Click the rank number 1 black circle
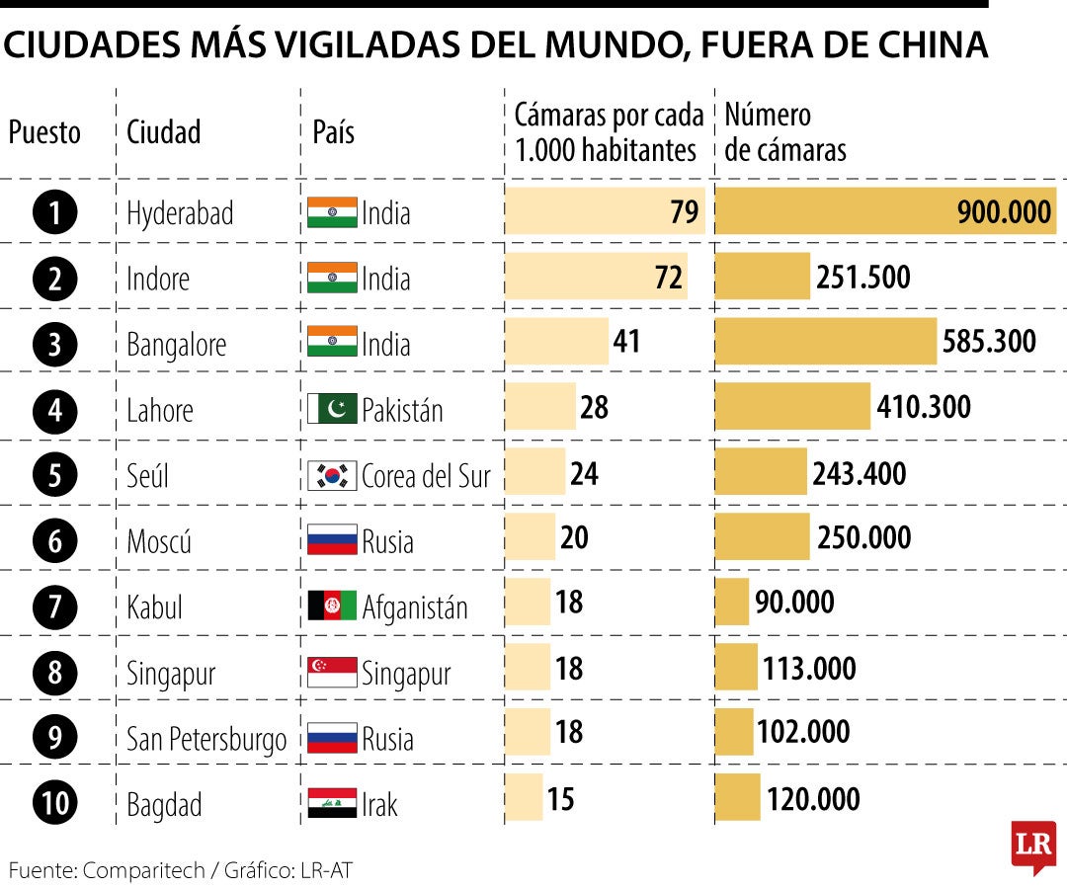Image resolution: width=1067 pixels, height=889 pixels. pyautogui.click(x=54, y=212)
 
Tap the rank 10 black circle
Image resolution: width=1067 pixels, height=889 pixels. pyautogui.click(x=54, y=803)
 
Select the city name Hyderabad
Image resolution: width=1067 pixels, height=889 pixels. pyautogui.click(x=180, y=214)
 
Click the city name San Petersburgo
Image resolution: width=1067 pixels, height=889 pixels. pyautogui.click(x=206, y=739)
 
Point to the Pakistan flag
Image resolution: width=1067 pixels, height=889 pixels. pyautogui.click(x=332, y=409)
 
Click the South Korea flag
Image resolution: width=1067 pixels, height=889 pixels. pyautogui.click(x=332, y=475)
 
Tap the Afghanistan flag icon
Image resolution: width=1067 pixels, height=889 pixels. pyautogui.click(x=332, y=606)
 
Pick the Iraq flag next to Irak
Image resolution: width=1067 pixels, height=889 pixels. pyautogui.click(x=332, y=803)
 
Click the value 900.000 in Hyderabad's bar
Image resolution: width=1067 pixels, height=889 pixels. pyautogui.click(x=1004, y=212)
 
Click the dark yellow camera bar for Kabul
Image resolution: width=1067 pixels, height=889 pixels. pyautogui.click(x=731, y=602)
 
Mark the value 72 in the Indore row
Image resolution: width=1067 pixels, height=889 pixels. pyautogui.click(x=669, y=278)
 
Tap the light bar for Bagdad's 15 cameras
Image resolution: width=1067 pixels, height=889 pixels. pyautogui.click(x=524, y=797)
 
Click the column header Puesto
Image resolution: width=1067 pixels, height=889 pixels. pyautogui.click(x=44, y=132)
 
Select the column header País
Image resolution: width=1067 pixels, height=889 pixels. pyautogui.click(x=333, y=132)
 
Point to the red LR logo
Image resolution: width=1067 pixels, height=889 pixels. pyautogui.click(x=1032, y=846)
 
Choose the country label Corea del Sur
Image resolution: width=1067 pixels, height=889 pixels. pyautogui.click(x=426, y=475)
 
